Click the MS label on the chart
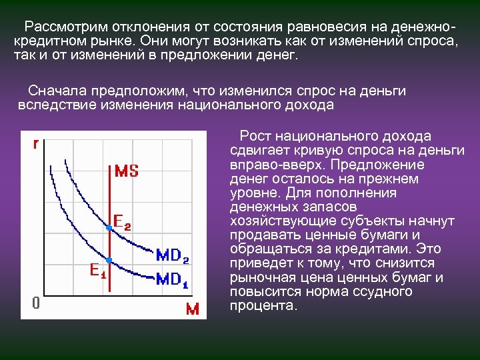[x=127, y=171]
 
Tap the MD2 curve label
[x=172, y=257]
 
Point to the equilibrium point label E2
[x=122, y=220]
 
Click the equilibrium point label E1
[x=98, y=271]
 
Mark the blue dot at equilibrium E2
[x=109, y=228]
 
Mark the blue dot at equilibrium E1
[x=109, y=259]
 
